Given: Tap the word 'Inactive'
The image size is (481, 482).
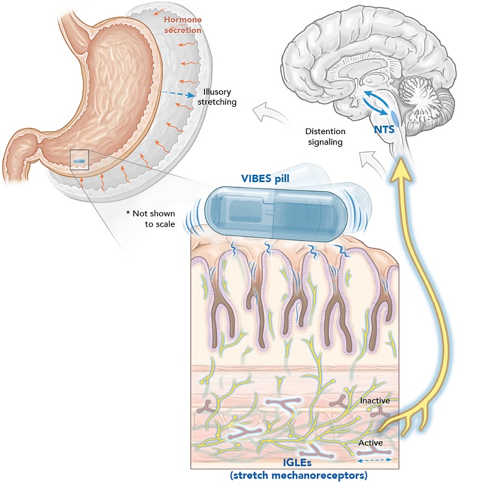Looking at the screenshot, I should coord(375,400).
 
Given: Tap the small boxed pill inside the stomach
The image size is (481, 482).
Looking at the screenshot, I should coord(79,160).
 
